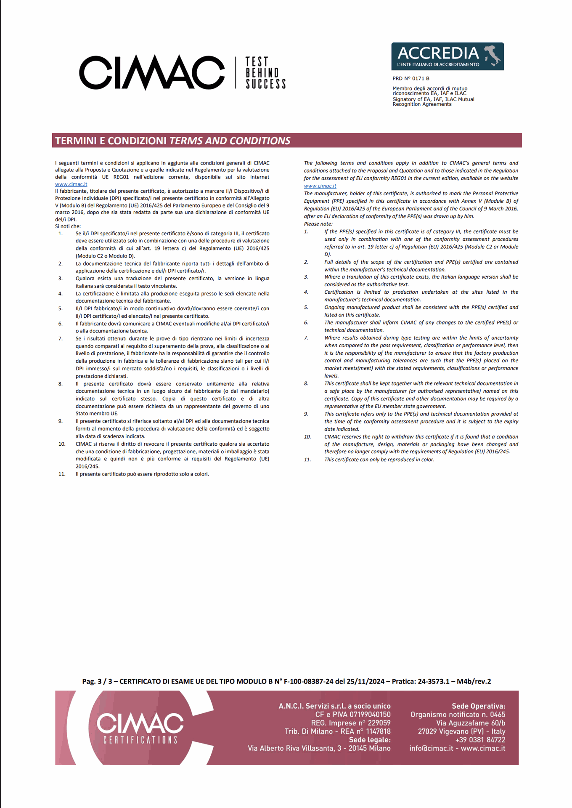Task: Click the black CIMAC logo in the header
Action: point(152,72)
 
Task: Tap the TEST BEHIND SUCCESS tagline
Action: point(266,73)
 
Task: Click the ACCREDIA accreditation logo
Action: point(447,56)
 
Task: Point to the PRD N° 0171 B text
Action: point(411,78)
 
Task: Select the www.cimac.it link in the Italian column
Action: point(71,184)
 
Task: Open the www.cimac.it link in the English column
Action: point(320,186)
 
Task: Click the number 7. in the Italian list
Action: point(61,338)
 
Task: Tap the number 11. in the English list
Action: point(307,460)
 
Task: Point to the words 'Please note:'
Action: point(318,224)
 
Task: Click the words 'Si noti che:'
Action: point(68,226)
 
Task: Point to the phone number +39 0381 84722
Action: point(480,740)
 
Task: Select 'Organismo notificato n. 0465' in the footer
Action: point(458,715)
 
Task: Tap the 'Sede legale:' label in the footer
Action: point(370,740)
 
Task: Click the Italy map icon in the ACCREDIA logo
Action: point(493,55)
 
